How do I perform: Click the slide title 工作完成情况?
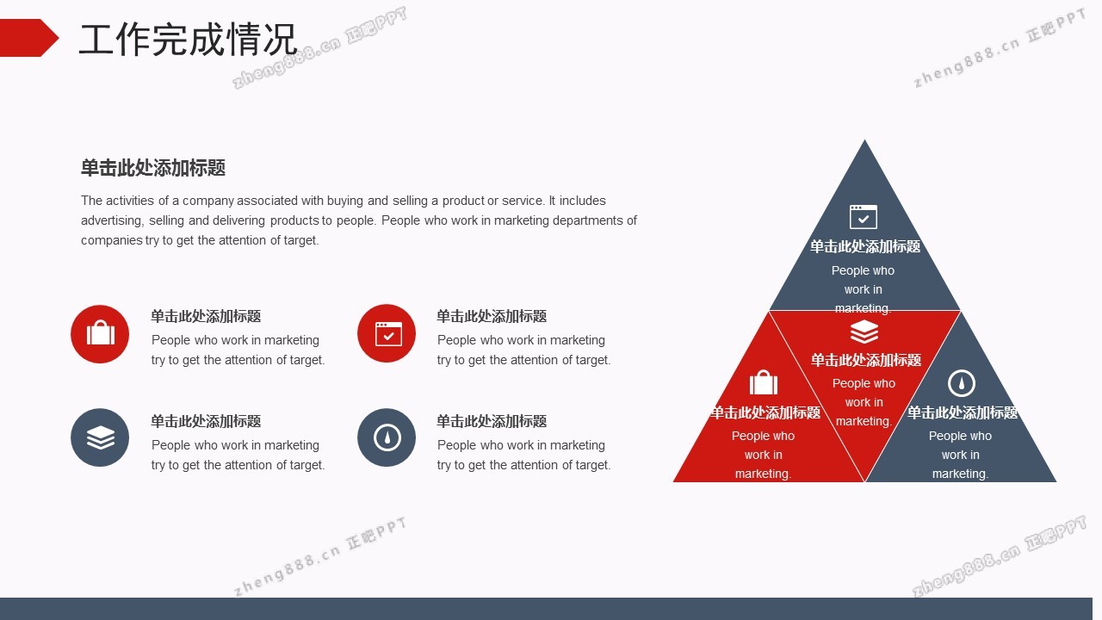[x=188, y=39]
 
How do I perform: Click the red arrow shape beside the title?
[x=28, y=38]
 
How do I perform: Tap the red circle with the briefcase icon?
[x=100, y=334]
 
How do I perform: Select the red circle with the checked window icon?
[x=387, y=333]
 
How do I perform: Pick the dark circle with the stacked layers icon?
[x=100, y=437]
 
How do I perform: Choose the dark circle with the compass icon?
[x=387, y=437]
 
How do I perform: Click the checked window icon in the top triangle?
[x=864, y=217]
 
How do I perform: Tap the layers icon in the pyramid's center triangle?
[x=864, y=332]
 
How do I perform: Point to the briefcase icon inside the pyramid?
[x=764, y=382]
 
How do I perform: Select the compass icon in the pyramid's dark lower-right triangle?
[x=962, y=383]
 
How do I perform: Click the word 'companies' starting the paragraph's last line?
[x=112, y=240]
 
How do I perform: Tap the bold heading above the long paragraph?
[x=153, y=168]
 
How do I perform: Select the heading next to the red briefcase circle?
[x=206, y=316]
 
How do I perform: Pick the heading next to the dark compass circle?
[x=492, y=421]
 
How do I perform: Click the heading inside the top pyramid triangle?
[x=865, y=246]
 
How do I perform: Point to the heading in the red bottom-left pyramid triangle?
[x=765, y=412]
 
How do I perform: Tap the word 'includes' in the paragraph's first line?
[x=583, y=201]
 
